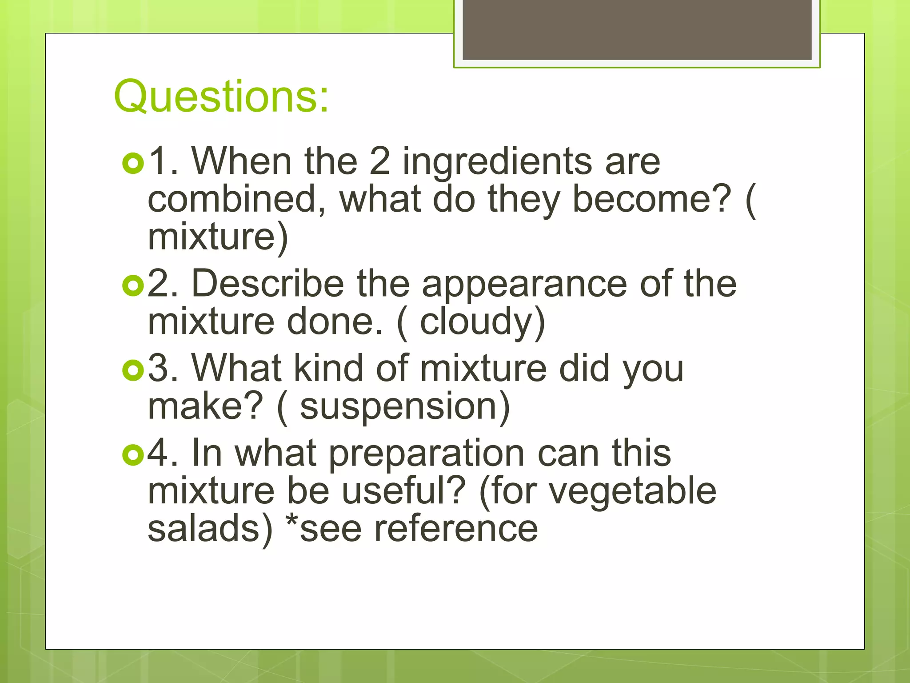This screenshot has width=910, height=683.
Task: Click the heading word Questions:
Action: coord(221,96)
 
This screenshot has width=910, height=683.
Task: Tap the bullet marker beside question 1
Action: coord(133,163)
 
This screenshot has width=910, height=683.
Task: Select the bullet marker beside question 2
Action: coord(133,286)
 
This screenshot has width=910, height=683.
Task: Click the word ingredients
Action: coord(497,162)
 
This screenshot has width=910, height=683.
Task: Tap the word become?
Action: coord(651,199)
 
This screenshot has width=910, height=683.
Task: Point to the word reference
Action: coord(456,529)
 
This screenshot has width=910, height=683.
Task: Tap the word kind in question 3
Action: coord(329,369)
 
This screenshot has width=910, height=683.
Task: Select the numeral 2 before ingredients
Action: coord(380,161)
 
